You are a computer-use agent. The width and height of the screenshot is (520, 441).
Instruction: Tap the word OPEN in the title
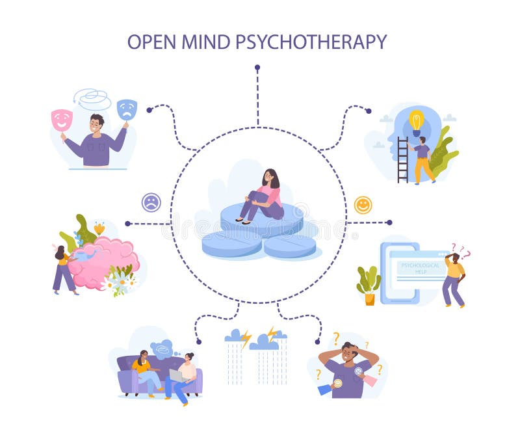tap(151, 42)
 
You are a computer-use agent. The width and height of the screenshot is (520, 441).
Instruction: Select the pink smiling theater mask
tap(62, 119)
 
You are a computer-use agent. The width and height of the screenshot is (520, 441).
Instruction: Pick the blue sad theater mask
tap(127, 109)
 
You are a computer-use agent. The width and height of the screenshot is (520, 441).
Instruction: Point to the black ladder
tap(403, 159)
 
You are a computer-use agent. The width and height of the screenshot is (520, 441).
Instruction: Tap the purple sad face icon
tap(151, 202)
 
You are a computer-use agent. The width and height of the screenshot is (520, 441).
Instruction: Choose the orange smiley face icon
tap(363, 205)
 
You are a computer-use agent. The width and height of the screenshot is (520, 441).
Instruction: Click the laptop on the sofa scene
tap(176, 376)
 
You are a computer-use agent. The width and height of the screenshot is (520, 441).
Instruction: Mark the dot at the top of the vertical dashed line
tap(257, 67)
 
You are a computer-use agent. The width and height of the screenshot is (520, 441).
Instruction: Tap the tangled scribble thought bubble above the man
tap(92, 99)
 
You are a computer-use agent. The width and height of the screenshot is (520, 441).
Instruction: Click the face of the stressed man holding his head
tap(348, 356)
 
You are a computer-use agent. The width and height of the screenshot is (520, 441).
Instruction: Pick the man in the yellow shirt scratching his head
tap(454, 276)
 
